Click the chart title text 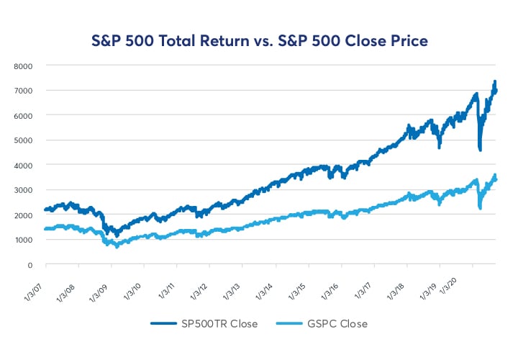(258, 40)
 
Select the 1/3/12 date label (201, 290)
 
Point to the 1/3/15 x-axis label (300, 290)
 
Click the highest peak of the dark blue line (495, 82)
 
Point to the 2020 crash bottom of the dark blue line (480, 149)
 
